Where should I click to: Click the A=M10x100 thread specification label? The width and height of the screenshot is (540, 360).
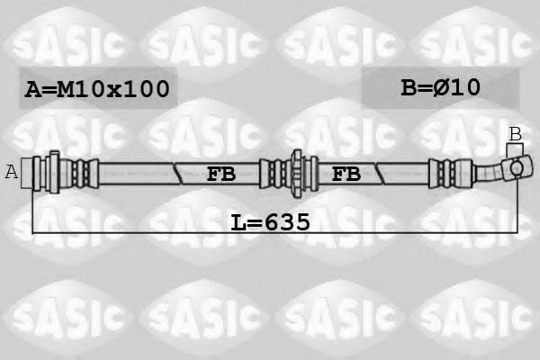coord(96,89)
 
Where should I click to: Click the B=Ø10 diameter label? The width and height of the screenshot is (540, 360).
coord(440,87)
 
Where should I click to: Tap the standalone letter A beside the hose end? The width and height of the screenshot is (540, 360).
coord(12,172)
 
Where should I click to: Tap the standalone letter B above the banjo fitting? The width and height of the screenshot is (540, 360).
coord(515,134)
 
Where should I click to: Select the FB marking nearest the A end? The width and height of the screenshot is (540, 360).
coord(220,174)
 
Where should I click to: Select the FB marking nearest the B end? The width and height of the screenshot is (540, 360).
coord(346,174)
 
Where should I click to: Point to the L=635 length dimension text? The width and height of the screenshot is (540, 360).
coord(270,220)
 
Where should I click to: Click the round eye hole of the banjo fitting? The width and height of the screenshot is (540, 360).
coord(517,167)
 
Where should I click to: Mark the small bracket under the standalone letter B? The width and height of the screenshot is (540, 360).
coord(515,149)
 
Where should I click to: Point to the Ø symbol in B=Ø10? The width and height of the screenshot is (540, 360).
coord(448,87)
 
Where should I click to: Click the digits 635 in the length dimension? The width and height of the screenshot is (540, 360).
coord(286,220)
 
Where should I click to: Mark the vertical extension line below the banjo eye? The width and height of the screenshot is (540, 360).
coord(517,207)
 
